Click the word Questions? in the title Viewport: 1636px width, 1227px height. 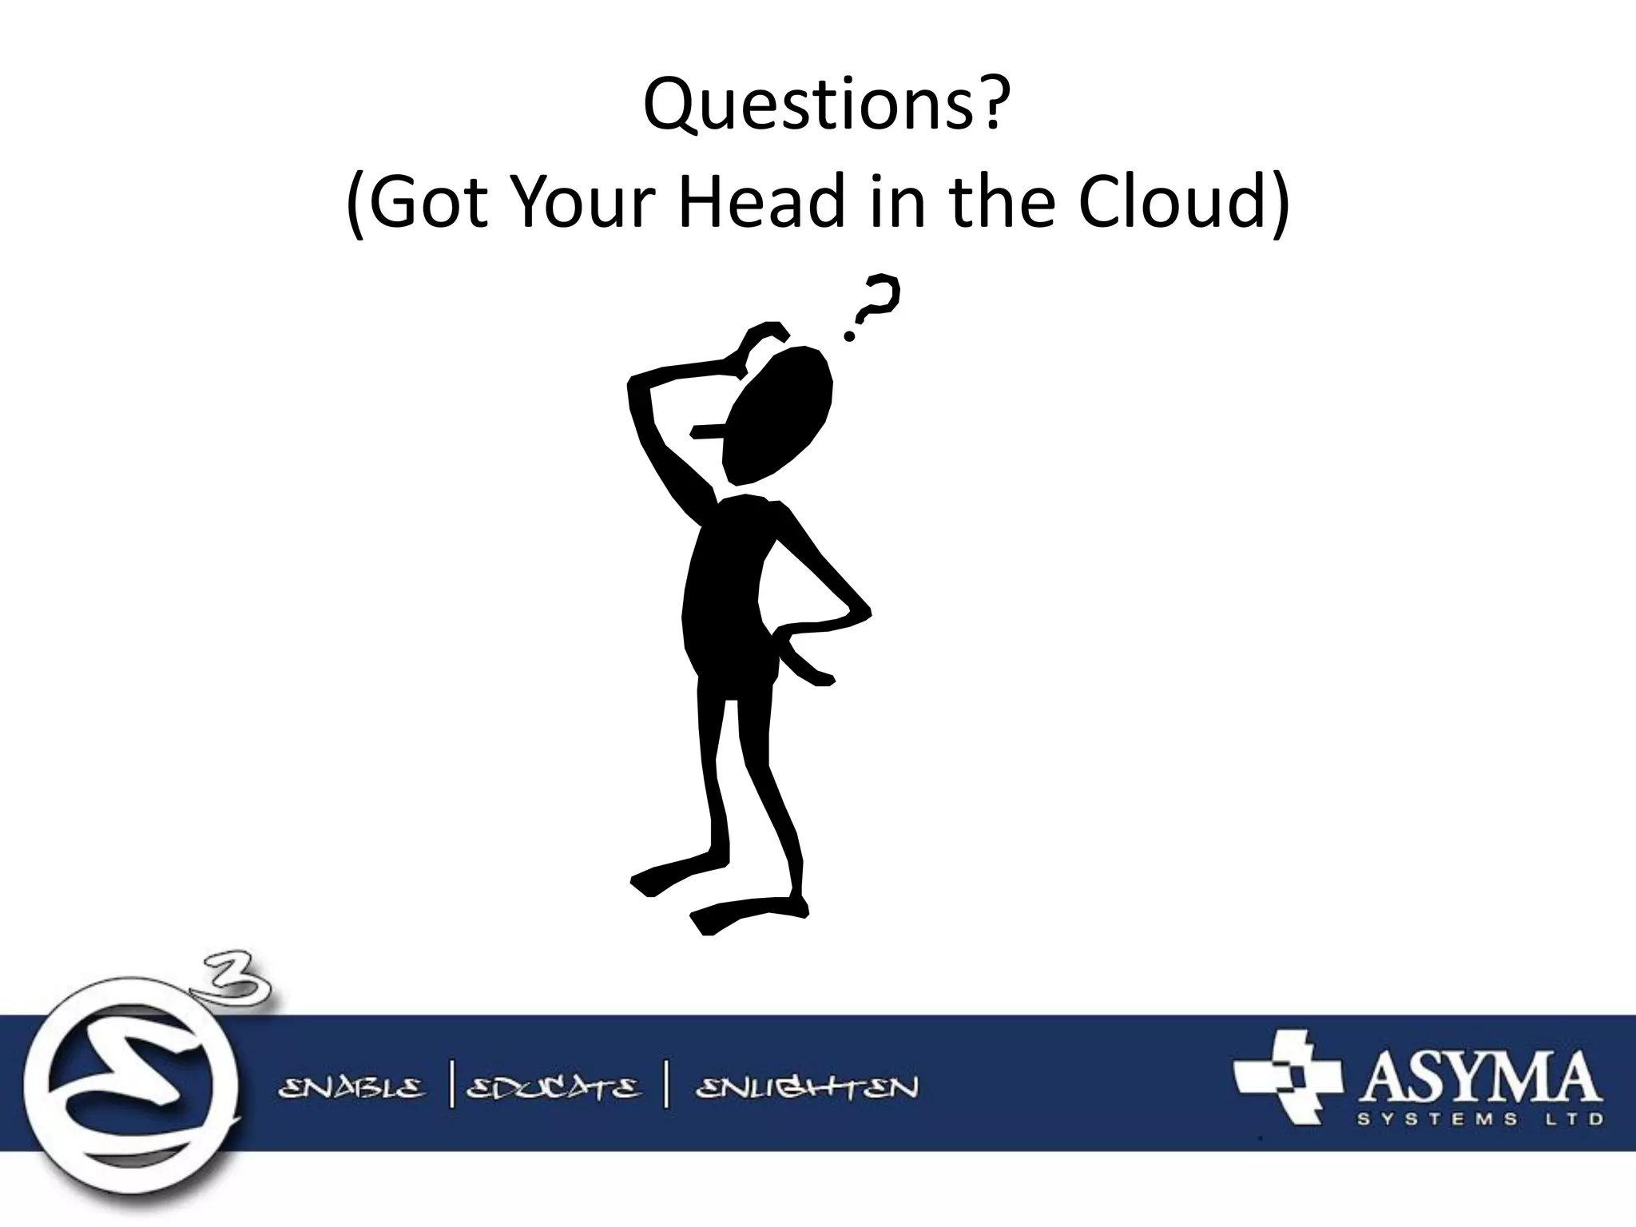click(822, 105)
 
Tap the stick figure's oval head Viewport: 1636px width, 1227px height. click(778, 415)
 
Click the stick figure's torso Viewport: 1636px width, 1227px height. click(724, 599)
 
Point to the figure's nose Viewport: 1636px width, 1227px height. click(707, 432)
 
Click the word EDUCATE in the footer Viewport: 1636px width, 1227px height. click(553, 1088)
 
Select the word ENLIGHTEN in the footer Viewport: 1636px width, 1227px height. click(807, 1088)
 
